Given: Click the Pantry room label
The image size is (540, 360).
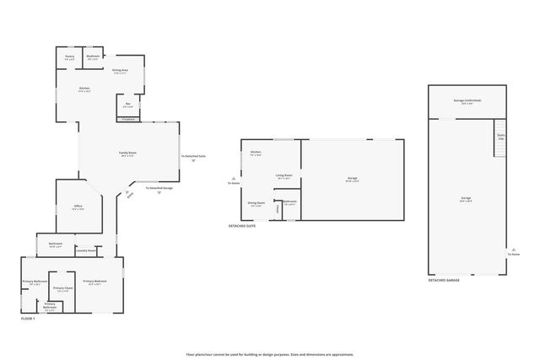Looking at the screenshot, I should coord(70,57).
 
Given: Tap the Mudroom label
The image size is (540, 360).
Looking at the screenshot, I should coord(93,57).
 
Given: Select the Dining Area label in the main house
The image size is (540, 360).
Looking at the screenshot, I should coord(121,71).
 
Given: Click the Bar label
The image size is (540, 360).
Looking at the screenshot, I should coord(127,105).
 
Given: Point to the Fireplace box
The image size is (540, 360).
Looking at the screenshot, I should coord(128,119).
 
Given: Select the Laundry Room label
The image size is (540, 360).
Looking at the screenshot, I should coord(85,250).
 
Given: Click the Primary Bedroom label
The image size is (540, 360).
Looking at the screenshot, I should coord(94,282).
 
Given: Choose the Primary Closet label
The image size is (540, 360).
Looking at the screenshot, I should coord(62,288).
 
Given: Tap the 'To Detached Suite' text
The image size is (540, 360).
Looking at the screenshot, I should coord(193,157).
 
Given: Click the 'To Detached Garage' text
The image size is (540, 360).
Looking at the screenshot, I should coord(159,188).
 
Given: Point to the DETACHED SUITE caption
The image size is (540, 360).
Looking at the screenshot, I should coord(242,226).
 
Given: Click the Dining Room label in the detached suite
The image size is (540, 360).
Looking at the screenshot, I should coord(256,202).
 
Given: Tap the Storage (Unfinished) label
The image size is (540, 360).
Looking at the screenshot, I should coord(467,100).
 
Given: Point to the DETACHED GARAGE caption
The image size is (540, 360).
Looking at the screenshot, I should coord(444,279).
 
